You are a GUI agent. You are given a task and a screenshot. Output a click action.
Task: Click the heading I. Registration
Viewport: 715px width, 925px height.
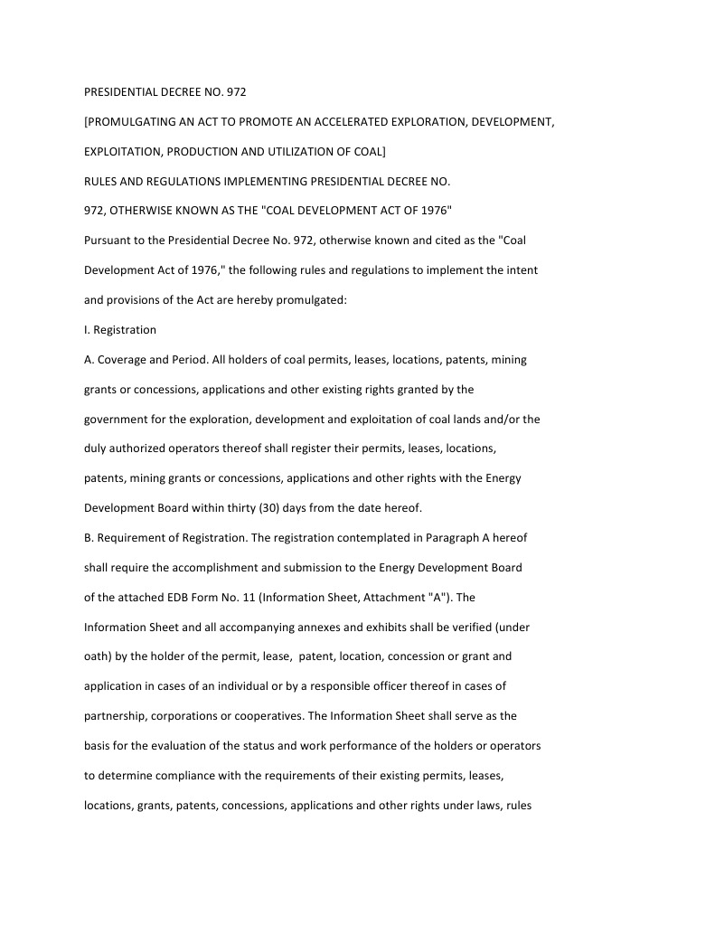120,330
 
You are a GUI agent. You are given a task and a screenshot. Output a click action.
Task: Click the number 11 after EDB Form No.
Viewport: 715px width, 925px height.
238,598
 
